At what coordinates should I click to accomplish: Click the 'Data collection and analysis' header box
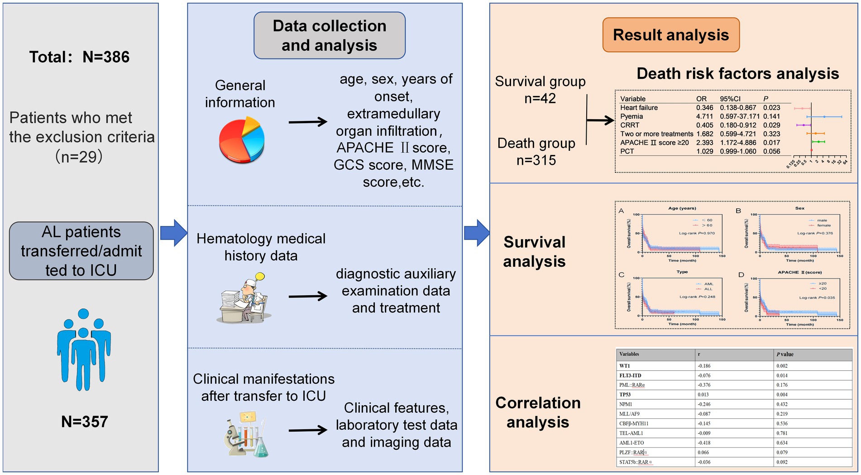coord(329,35)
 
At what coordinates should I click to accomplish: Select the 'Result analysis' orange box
coord(670,35)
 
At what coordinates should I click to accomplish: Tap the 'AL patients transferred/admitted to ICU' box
coord(81,251)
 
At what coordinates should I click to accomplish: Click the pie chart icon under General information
coord(242,139)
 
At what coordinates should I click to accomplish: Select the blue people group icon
coord(83,349)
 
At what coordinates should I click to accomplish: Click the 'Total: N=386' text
coord(79,57)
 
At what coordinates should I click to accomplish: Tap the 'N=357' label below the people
coord(84,422)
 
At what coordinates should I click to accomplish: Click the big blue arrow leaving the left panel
coord(173,233)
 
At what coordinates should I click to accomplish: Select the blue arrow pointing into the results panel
coord(476,233)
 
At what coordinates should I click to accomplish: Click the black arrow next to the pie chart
coord(308,122)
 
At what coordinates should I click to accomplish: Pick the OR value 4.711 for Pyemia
coord(704,116)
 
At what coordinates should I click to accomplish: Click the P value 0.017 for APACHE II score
coord(771,143)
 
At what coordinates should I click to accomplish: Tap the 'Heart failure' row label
coord(639,108)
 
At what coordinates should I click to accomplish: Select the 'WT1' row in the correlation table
coord(625,366)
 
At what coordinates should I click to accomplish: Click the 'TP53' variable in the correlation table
coord(625,394)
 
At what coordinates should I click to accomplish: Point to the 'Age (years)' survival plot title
coord(682,208)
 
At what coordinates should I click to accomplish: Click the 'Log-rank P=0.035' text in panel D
coord(817,297)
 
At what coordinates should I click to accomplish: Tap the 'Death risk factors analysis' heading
coord(737,73)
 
